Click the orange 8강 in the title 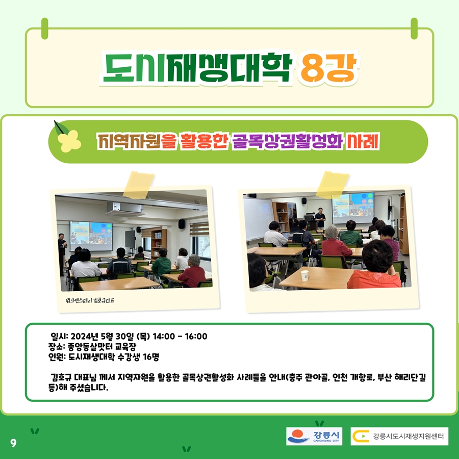328,68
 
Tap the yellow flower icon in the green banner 69,141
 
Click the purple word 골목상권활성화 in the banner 288,141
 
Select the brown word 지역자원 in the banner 129,141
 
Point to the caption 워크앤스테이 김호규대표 90,300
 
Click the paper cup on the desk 305,276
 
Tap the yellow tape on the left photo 138,185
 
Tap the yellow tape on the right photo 333,185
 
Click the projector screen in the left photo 91,236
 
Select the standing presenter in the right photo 320,219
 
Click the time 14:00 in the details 164,337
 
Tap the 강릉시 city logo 314,436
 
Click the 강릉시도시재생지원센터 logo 399,436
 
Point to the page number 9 13,443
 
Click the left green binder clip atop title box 45,29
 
